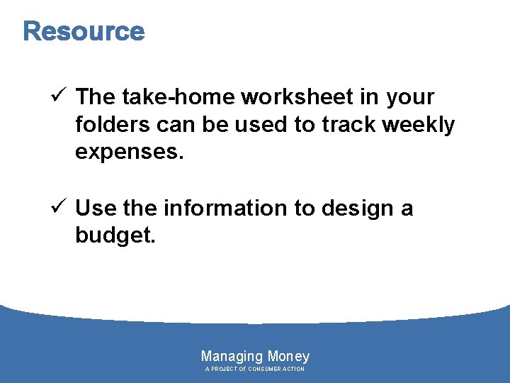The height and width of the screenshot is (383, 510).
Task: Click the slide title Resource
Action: tap(84, 32)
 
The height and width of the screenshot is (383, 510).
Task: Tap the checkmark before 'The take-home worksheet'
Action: tap(59, 96)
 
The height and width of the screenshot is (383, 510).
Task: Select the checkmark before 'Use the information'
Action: tap(59, 209)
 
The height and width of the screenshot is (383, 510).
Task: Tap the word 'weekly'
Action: tap(419, 126)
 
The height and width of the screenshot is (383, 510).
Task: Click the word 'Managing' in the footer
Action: tap(232, 357)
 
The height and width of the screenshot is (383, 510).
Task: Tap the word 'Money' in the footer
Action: tap(288, 357)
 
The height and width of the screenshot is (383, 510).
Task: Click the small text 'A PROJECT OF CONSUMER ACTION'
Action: tap(255, 370)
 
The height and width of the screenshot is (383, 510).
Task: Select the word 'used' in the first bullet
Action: tap(263, 125)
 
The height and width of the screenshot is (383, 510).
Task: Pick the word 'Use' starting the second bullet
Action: tap(96, 209)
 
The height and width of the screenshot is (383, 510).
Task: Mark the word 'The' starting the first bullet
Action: tap(96, 96)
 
